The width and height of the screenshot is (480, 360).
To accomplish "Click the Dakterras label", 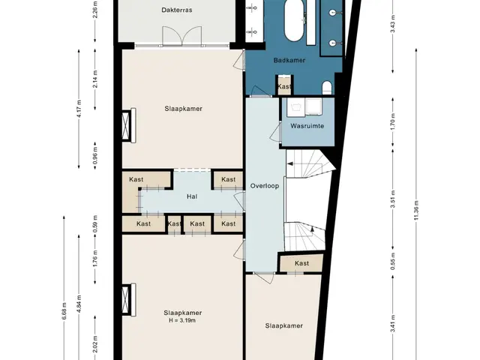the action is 177,10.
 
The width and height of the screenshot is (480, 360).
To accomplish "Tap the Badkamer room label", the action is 289,60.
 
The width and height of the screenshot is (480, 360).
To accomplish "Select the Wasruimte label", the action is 307,126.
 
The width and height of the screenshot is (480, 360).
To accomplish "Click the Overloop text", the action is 265,186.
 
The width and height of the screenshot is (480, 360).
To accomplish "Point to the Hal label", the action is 192,196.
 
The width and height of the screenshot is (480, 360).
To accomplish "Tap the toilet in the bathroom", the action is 327,87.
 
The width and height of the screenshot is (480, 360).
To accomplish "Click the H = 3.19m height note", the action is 182,320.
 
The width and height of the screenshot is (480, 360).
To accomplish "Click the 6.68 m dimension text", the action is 64,311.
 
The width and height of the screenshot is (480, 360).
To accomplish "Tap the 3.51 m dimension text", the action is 393,199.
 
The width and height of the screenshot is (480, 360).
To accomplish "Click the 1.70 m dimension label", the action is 393,121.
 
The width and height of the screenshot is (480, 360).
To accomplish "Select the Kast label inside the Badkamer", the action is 284,87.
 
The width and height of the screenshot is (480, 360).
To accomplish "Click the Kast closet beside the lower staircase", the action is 301,263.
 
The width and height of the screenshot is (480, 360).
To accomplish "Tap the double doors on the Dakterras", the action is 181,36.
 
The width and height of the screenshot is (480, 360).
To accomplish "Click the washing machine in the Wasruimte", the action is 313,107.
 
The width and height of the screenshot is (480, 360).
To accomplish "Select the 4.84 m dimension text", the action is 79,304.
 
